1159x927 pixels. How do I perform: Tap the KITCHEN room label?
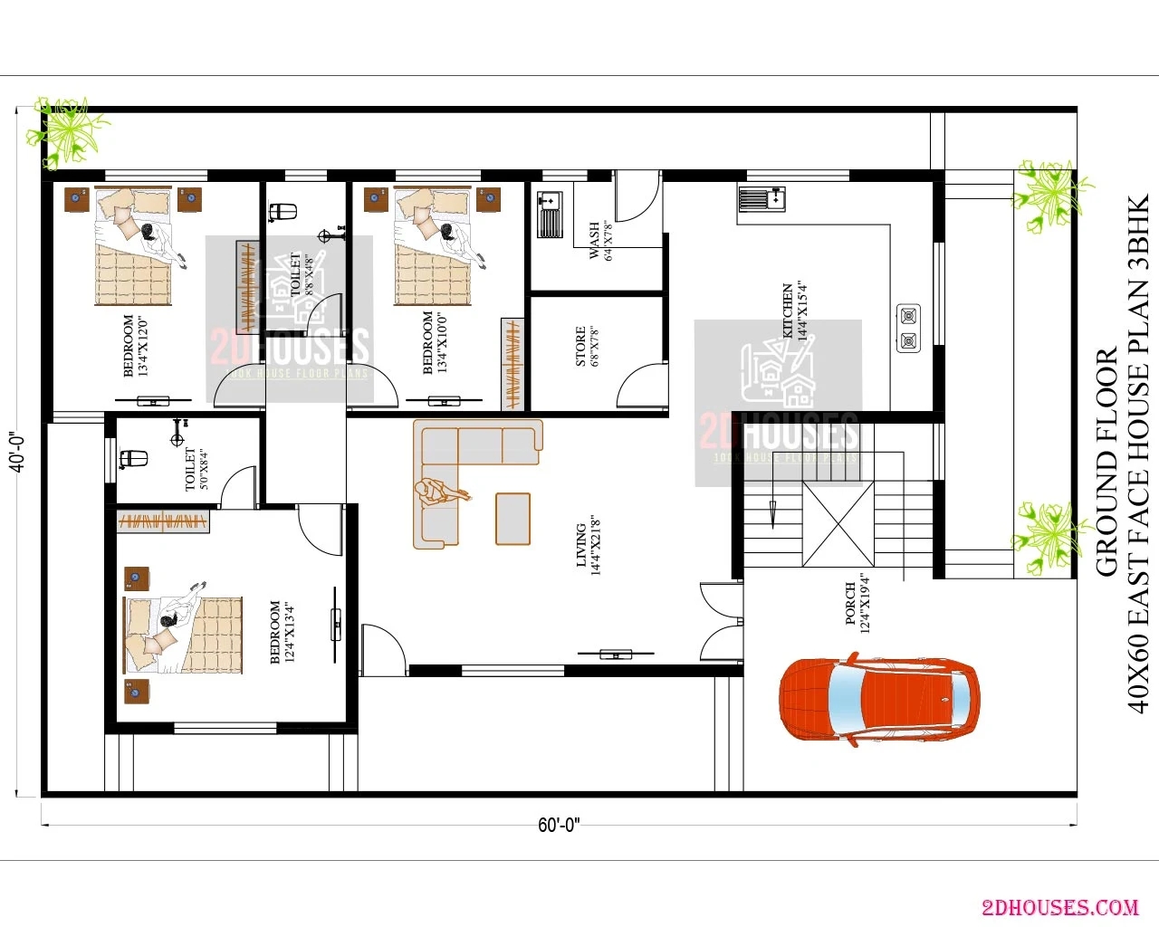coord(794,311)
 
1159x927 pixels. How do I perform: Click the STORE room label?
coord(587,346)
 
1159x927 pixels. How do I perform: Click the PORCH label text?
coord(857,603)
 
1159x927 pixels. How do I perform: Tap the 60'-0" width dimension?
coord(559,825)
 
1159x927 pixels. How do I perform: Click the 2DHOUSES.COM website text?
coord(1059,906)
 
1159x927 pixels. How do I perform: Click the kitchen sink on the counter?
coord(761,198)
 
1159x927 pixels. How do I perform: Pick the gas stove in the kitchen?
coord(908,329)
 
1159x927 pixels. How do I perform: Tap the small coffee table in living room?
coord(512,519)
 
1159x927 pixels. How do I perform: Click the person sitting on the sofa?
coord(439,492)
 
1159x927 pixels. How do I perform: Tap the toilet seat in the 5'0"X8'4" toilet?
coord(134,459)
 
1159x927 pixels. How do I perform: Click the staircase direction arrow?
coord(772,512)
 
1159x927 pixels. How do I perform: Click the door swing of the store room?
coord(641,387)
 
